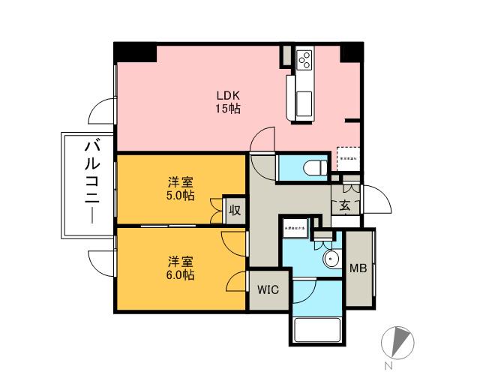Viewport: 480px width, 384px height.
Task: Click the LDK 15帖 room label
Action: tap(228, 102)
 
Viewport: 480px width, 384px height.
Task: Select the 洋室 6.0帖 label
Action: tap(181, 268)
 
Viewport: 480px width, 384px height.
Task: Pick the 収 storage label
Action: tap(234, 211)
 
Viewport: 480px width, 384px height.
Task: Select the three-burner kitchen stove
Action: tap(304, 61)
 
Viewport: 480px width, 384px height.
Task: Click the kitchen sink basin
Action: tap(304, 103)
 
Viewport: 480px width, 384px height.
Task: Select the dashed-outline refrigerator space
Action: tap(349, 158)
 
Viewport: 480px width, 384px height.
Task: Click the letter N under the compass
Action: tap(388, 367)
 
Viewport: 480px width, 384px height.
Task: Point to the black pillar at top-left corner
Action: tap(135, 53)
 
